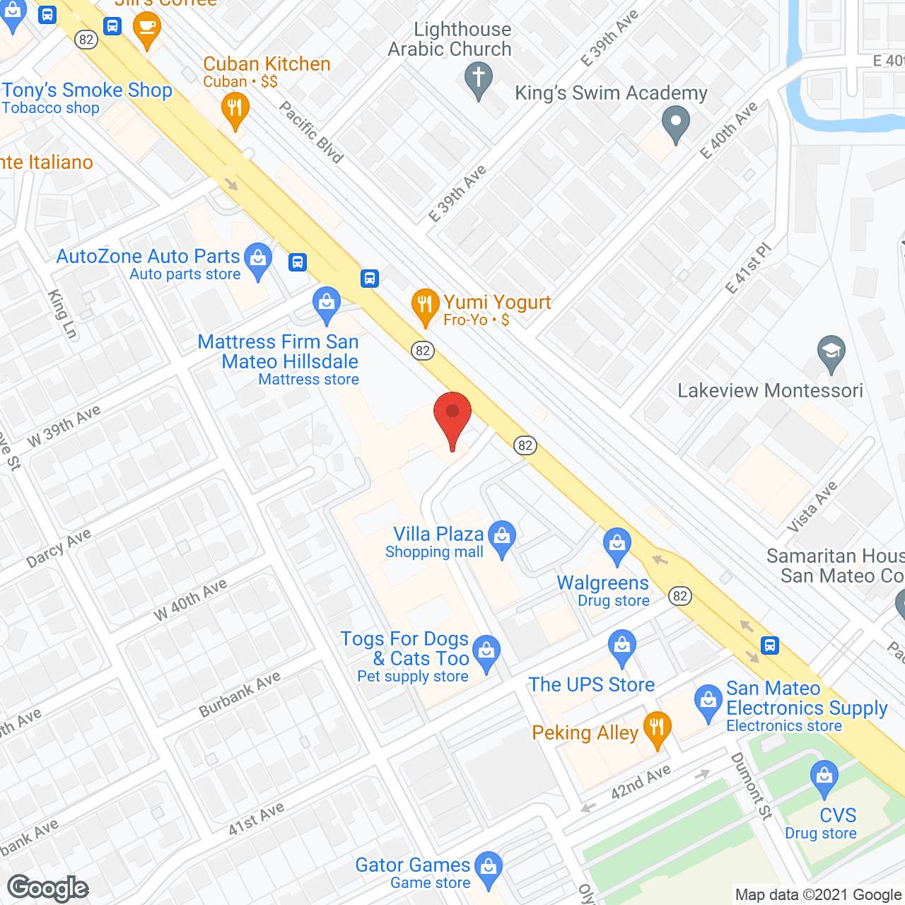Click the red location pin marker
pyautogui.click(x=452, y=414)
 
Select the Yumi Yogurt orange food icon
pyautogui.click(x=425, y=305)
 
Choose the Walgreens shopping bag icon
pyautogui.click(x=617, y=544)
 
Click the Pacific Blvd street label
pyautogui.click(x=311, y=132)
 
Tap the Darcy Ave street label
pyautogui.click(x=59, y=548)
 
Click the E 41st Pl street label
pyautogui.click(x=749, y=269)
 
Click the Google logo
pyautogui.click(x=47, y=888)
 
